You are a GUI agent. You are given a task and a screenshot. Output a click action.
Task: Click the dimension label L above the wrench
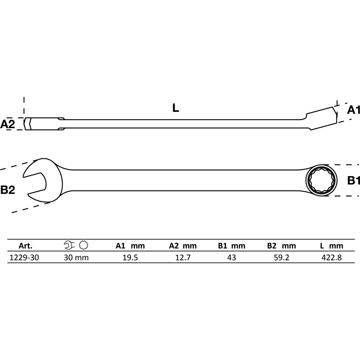[176, 108]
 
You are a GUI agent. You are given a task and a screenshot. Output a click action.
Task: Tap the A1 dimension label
[353, 110]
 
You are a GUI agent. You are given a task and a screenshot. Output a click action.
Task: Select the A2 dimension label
[7, 124]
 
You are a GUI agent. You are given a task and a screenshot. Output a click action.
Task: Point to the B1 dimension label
[354, 180]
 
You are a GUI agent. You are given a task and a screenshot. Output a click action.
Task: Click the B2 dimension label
[8, 190]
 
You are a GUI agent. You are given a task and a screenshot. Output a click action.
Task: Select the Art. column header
[26, 246]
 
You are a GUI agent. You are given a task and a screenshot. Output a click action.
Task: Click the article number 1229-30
[24, 258]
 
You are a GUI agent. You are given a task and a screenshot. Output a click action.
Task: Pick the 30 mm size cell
[76, 258]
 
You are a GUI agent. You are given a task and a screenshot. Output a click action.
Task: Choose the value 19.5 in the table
[130, 258]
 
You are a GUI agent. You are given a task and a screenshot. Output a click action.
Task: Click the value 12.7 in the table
[183, 258]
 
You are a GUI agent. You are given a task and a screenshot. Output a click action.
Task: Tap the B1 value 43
[231, 258]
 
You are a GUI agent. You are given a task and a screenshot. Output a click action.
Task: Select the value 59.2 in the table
[282, 258]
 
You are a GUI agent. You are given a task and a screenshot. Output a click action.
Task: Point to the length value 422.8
[332, 258]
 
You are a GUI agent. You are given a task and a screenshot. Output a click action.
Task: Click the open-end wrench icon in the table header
[69, 245]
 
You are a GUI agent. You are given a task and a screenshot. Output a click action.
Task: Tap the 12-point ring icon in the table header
[84, 245]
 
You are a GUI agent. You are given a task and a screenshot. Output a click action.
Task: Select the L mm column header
[332, 246]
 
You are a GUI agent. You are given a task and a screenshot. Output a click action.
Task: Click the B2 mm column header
[282, 246]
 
